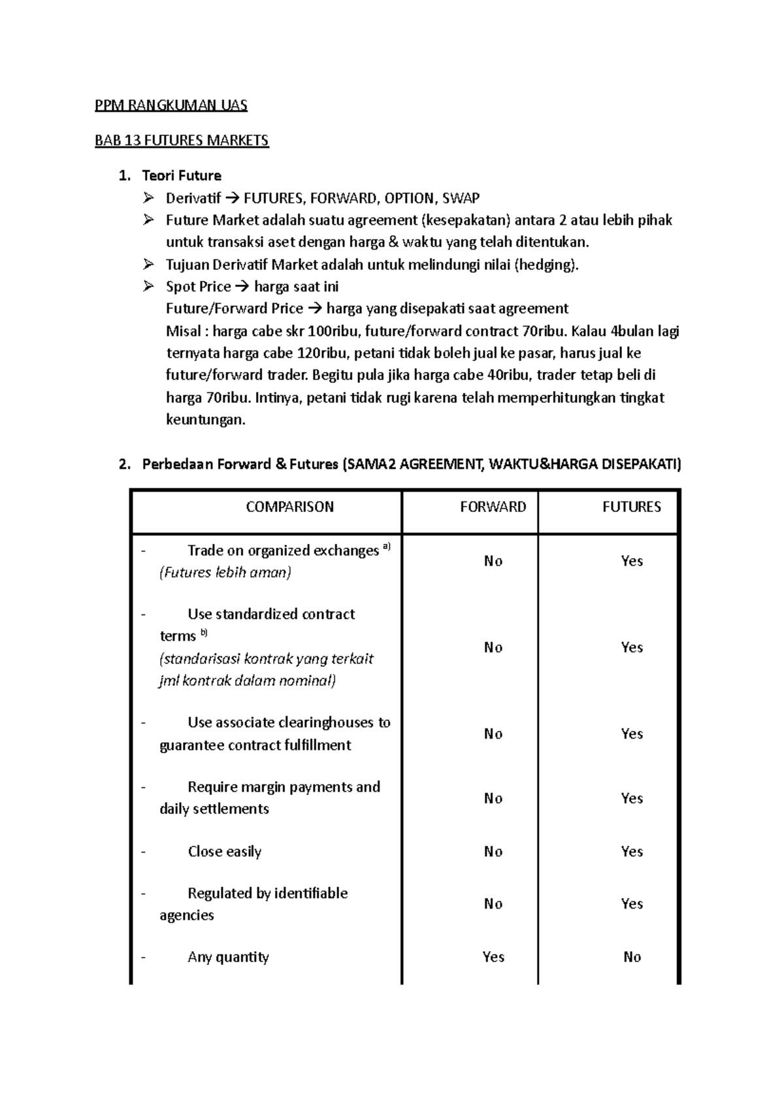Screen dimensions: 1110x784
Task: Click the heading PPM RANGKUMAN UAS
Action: [x=171, y=105]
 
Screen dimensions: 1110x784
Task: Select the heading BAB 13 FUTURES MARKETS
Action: [x=182, y=140]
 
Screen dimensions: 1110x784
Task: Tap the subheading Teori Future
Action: [x=182, y=175]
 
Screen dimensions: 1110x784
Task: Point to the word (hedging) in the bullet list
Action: [x=546, y=265]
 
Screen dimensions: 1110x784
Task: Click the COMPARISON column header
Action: [x=289, y=507]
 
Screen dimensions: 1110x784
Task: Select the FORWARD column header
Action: [x=493, y=507]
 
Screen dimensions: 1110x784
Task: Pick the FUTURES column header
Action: [x=631, y=507]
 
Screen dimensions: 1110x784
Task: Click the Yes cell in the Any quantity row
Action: [x=493, y=956]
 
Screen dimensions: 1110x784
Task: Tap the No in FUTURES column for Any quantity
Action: [x=632, y=956]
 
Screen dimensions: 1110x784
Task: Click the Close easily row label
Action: [x=224, y=851]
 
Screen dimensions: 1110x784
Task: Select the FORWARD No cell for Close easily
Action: [x=493, y=851]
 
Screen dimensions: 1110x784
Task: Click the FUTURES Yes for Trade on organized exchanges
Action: [x=632, y=561]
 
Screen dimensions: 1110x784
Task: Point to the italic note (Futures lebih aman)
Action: [x=225, y=573]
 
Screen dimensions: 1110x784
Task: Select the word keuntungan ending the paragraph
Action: [x=205, y=420]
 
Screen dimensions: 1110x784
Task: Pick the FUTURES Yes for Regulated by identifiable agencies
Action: [x=632, y=903]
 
